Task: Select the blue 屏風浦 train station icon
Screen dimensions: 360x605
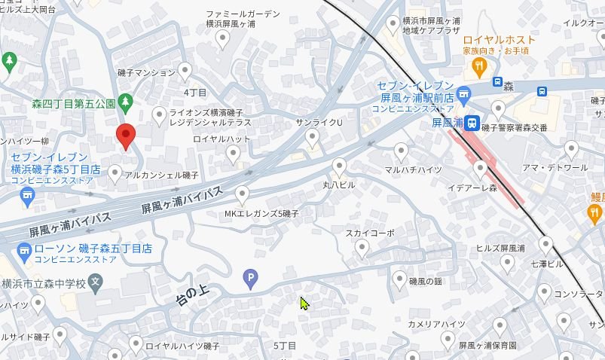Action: [471, 122]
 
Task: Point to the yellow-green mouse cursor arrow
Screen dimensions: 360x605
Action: [304, 303]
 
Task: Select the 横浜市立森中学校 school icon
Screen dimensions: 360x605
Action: [95, 283]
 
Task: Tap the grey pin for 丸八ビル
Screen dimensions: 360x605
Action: [340, 166]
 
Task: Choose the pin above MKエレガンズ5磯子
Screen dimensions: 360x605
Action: [242, 194]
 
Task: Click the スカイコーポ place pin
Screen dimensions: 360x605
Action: [362, 247]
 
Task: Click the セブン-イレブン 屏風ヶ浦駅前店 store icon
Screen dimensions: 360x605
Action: [463, 95]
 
